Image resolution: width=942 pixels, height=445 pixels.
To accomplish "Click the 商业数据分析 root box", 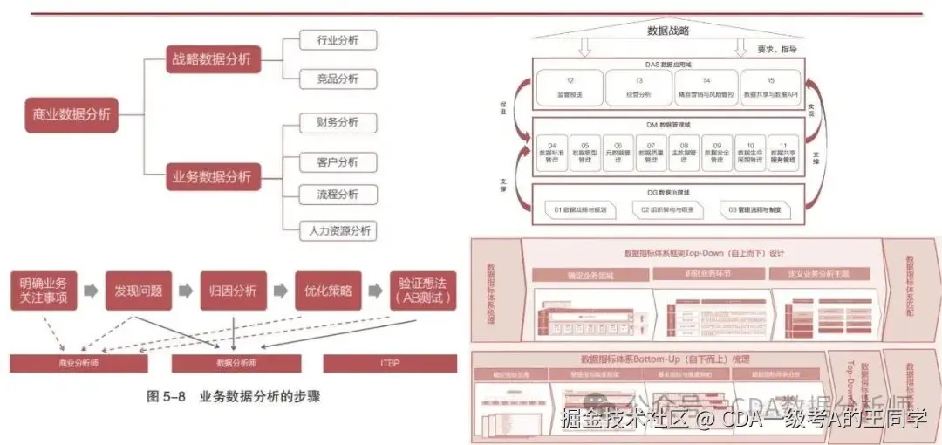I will pyautogui.click(x=72, y=114).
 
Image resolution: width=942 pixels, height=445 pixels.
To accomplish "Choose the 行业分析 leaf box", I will pyautogui.click(x=338, y=40).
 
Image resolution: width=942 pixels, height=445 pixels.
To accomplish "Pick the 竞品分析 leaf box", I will pyautogui.click(x=338, y=79).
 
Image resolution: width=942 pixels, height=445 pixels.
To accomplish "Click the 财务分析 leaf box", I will pyautogui.click(x=338, y=122).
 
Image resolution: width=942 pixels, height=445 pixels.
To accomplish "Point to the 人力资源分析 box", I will pyautogui.click(x=338, y=231).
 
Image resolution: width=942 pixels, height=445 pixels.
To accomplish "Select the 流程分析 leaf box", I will pyautogui.click(x=338, y=194).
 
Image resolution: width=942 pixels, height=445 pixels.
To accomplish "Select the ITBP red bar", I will pyautogui.click(x=390, y=363).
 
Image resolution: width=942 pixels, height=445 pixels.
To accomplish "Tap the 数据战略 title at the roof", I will pyautogui.click(x=668, y=31).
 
